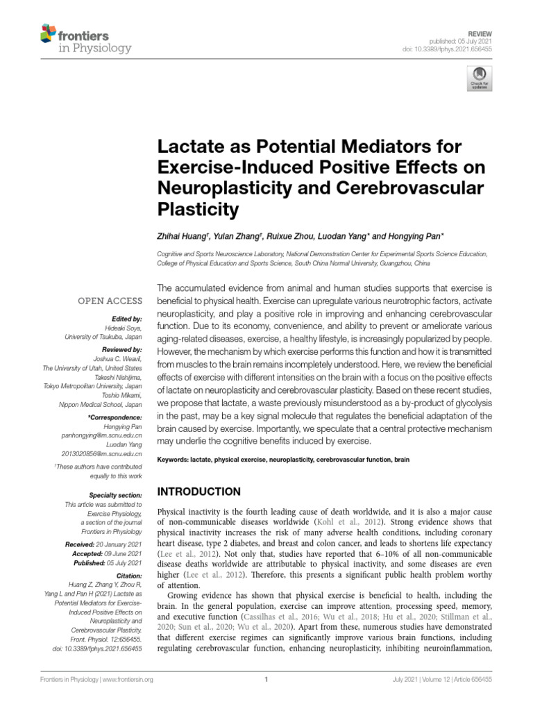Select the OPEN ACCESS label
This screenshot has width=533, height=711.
click(112, 301)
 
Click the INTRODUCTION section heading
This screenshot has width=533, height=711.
click(199, 492)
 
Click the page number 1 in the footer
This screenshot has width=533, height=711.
click(266, 680)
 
